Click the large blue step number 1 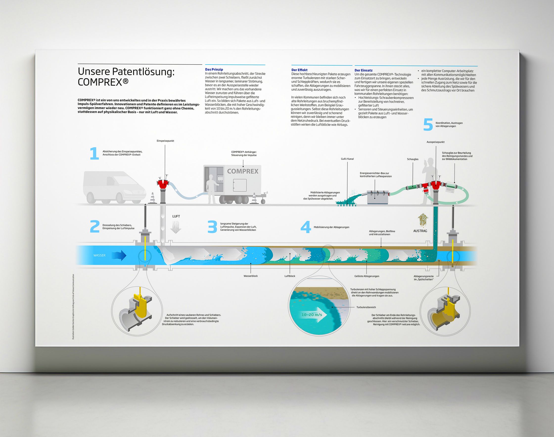94,154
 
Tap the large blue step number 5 428,125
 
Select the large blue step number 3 212,227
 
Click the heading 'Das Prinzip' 214,69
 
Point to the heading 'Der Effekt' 300,70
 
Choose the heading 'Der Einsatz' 363,70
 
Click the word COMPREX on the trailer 243,171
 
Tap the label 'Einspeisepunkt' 165,141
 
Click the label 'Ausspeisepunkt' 436,142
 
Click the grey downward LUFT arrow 176,227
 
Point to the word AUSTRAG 420,231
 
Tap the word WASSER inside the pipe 99,255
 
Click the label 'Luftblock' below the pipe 290,276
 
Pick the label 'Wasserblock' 251,276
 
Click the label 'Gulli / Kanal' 347,159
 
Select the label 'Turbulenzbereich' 366,307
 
